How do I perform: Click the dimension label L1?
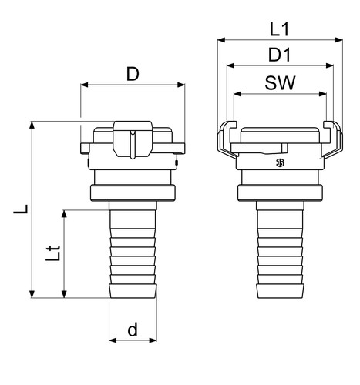(x=280, y=29)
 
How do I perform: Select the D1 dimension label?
(x=280, y=55)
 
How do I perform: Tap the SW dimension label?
(x=280, y=82)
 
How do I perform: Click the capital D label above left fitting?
(x=133, y=74)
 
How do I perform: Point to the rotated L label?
(x=21, y=209)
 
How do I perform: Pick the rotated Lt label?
(x=53, y=253)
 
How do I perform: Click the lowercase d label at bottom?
(x=133, y=330)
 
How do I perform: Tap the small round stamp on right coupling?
(x=280, y=162)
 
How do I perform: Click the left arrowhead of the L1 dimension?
(x=221, y=40)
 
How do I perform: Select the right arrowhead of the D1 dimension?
(x=329, y=65)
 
